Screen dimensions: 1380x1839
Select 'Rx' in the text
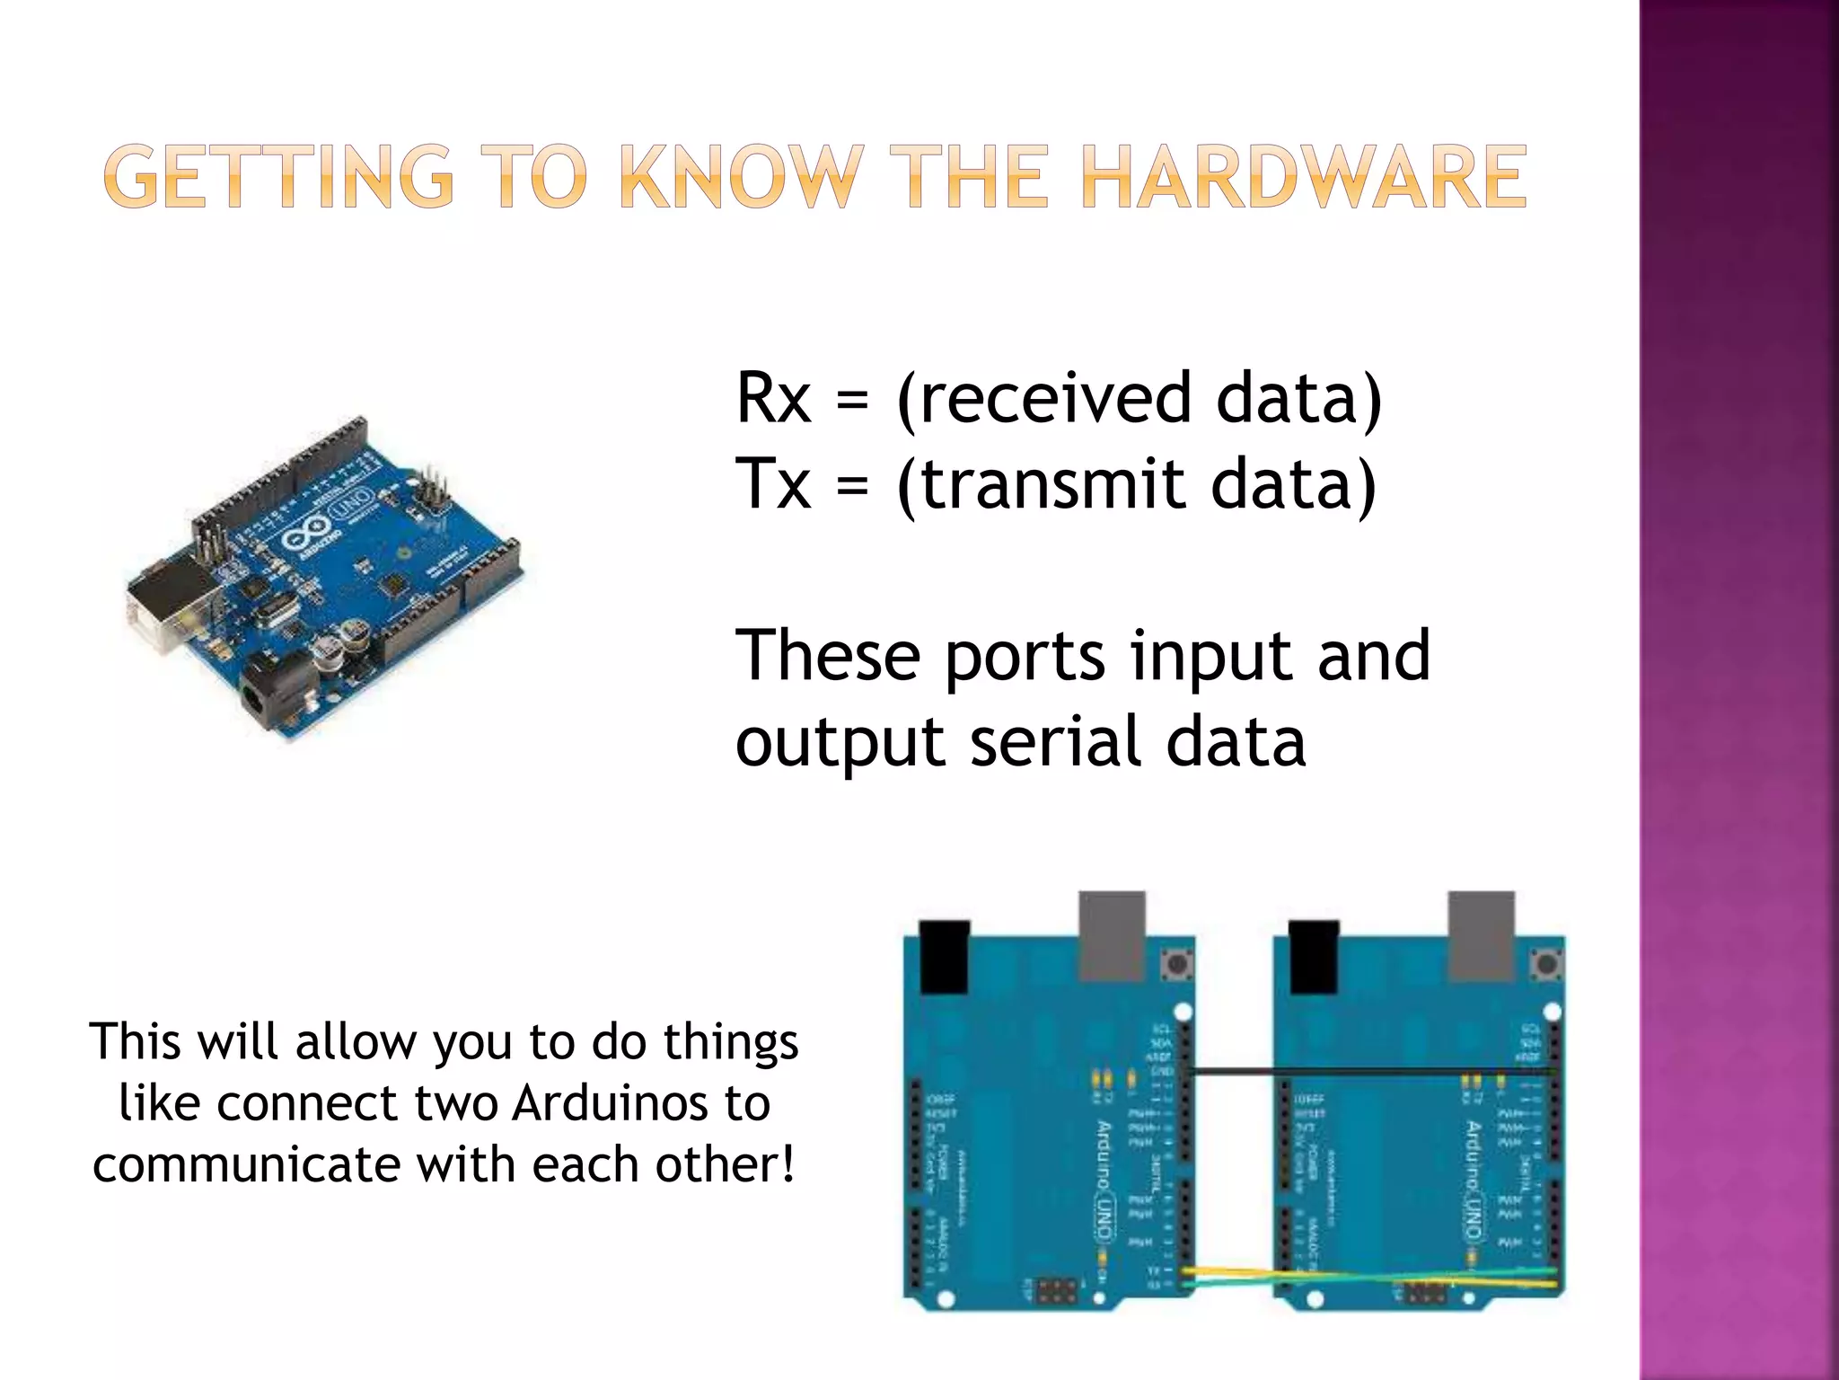773,398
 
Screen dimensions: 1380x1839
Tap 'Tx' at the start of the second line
771,483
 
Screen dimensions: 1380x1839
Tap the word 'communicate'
245,1165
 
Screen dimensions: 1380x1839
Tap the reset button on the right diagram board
1546,966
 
